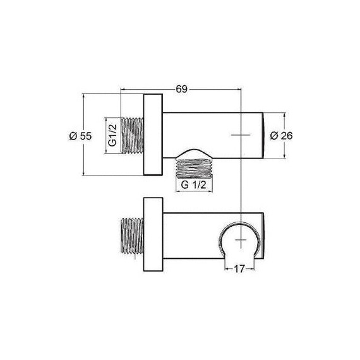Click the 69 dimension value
point(182,89)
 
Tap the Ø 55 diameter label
point(81,136)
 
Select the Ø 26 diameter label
point(281,136)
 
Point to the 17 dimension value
point(239,269)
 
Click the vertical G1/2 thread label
point(112,135)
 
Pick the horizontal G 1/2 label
point(193,185)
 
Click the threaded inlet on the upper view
point(132,135)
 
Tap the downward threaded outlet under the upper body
point(195,168)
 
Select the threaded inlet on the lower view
point(132,236)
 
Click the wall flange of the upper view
point(153,135)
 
